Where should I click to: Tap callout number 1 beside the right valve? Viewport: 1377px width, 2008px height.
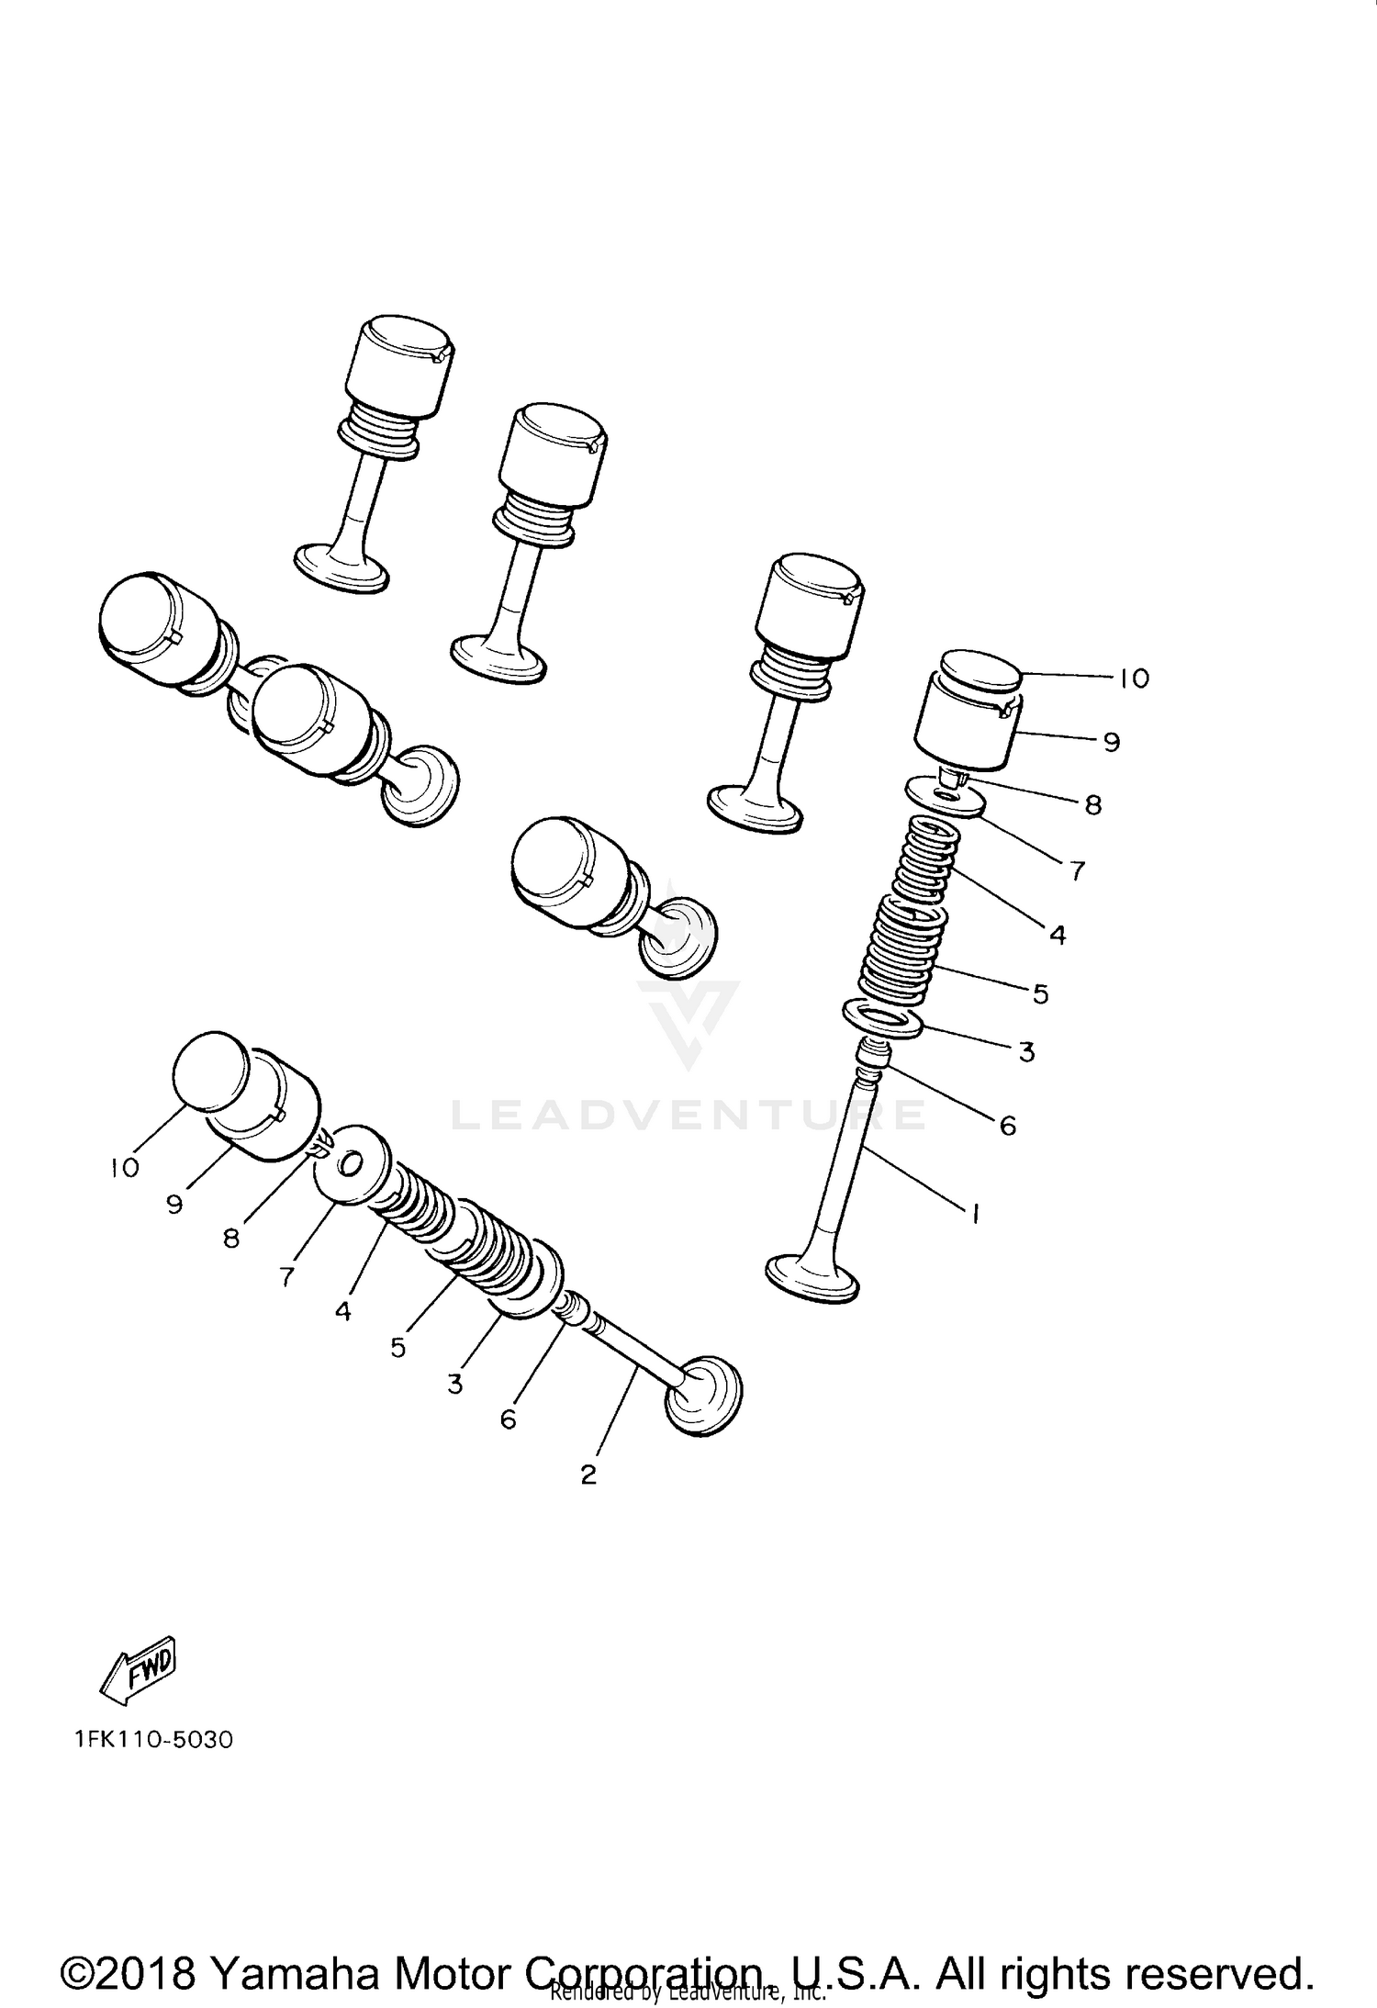[975, 1214]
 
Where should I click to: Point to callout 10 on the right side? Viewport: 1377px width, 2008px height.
[1134, 679]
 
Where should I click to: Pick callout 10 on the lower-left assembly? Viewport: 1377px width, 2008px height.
[124, 1168]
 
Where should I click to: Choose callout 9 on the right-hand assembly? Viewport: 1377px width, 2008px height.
[1112, 741]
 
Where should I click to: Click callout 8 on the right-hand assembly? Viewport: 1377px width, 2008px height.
[1092, 804]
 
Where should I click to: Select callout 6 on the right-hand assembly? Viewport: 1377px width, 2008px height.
[1008, 1126]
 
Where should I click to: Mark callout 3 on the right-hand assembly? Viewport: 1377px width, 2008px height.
[1026, 1051]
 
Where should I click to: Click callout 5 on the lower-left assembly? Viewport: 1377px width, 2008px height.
[397, 1347]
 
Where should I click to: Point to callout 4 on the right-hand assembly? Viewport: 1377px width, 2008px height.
[1058, 935]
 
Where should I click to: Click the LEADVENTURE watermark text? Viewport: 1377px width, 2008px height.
[688, 1116]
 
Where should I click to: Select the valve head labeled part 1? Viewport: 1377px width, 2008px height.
[812, 1277]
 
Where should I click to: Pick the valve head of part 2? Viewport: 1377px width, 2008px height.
[702, 1407]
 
